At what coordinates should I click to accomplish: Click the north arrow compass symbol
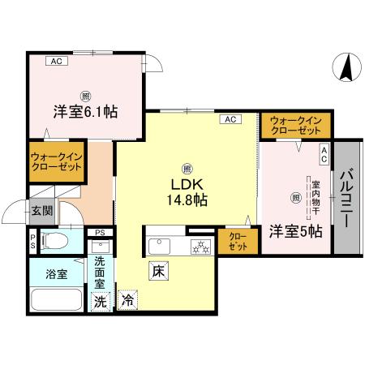pyautogui.click(x=345, y=67)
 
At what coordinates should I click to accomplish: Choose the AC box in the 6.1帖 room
pyautogui.click(x=56, y=61)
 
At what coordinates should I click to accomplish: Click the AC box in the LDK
pyautogui.click(x=229, y=120)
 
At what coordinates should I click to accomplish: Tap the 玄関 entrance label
pyautogui.click(x=41, y=212)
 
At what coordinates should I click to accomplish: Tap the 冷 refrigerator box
pyautogui.click(x=127, y=300)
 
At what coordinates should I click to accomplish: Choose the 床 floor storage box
pyautogui.click(x=158, y=273)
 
